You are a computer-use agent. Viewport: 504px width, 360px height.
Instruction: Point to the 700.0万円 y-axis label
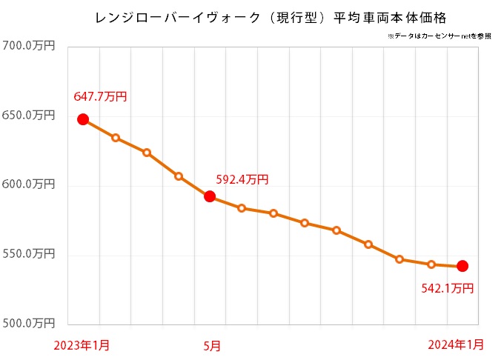[x=30, y=46]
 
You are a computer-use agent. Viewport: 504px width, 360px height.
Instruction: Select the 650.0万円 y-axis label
[x=30, y=116]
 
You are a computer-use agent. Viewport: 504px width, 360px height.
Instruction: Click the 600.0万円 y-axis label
[x=30, y=185]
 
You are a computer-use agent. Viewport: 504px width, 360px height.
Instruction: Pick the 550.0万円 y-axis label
[x=30, y=254]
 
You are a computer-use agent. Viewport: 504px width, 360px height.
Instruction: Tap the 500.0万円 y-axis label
[x=30, y=324]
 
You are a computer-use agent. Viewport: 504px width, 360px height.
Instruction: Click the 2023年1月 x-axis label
[x=82, y=344]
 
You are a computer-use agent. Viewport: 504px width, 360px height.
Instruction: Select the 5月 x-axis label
[x=211, y=344]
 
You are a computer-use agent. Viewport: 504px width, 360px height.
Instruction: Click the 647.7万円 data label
[x=101, y=97]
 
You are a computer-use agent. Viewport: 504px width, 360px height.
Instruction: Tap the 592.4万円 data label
[x=242, y=179]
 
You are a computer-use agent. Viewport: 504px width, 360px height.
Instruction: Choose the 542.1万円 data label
[x=446, y=287]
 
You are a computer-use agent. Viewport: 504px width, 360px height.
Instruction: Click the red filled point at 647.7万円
[x=83, y=119]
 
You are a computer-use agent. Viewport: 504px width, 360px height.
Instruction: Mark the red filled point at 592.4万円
[x=210, y=196]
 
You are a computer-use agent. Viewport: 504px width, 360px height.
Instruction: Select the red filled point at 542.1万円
[x=462, y=266]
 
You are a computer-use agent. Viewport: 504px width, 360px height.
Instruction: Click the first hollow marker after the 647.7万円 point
[x=116, y=138]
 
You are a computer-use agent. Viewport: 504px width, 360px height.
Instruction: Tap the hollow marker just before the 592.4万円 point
[x=179, y=176]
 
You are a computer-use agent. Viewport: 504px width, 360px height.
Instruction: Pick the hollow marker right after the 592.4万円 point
[x=242, y=208]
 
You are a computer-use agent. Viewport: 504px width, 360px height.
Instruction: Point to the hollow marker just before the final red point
[x=431, y=264]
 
